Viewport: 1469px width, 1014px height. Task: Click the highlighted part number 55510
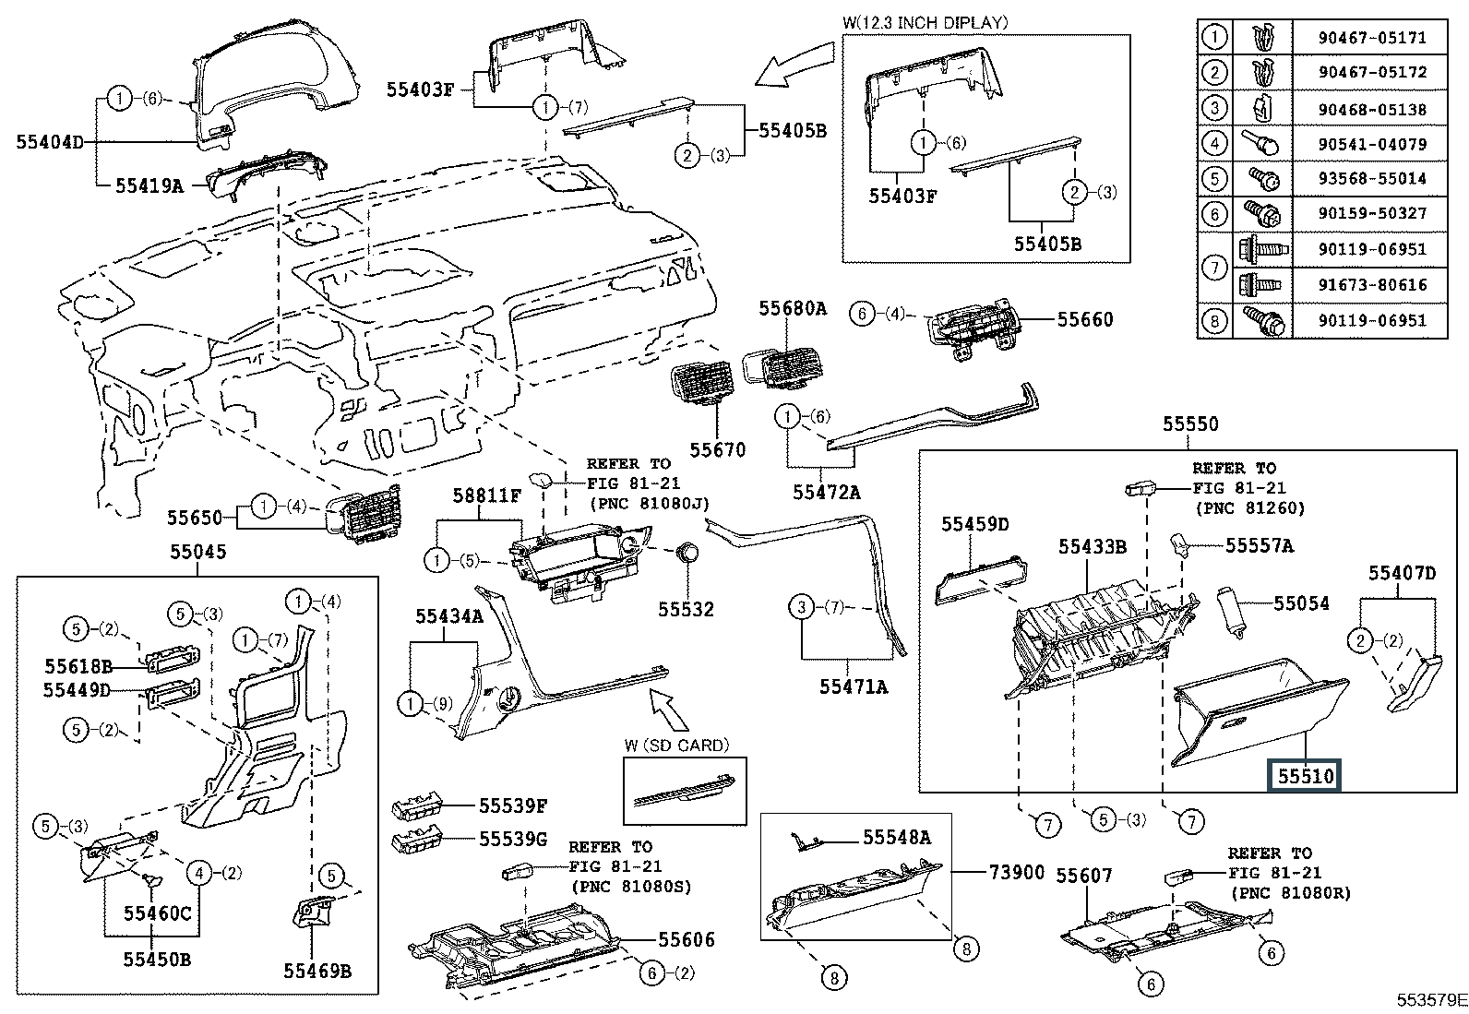pos(1306,776)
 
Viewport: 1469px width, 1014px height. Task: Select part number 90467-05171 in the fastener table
pos(1372,38)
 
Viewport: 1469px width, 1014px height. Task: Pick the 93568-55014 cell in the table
pos(1372,178)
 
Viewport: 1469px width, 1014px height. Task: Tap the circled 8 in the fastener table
pos(1215,321)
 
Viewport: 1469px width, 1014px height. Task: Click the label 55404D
pos(50,142)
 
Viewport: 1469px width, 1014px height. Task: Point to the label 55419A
pos(149,185)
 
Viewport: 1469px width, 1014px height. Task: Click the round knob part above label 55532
pos(687,554)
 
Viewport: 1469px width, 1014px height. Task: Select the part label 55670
pos(718,450)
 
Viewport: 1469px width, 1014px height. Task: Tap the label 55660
pos(1085,319)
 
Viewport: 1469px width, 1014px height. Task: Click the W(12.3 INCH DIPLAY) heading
pos(925,22)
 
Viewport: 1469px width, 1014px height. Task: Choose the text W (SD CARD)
pos(676,745)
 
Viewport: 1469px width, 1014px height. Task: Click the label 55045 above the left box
pos(197,552)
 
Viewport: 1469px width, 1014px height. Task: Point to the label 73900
pos(1017,872)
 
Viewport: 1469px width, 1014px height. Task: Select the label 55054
pos(1301,603)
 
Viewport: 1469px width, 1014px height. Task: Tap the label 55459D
pos(974,524)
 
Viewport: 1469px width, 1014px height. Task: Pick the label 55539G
pos(513,840)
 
